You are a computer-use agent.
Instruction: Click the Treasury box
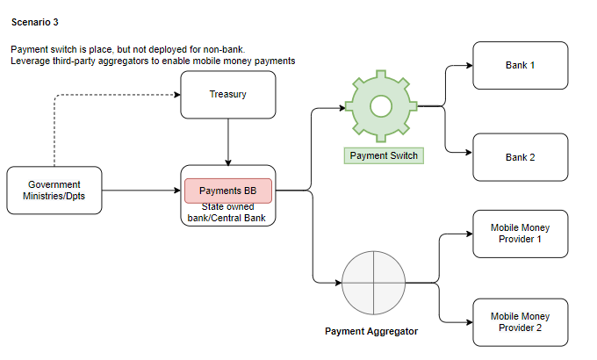(228, 94)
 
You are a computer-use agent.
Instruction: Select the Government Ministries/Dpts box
(54, 190)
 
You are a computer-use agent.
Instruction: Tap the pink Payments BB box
(227, 191)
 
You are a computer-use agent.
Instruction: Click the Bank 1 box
(520, 66)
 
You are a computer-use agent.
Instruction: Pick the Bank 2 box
(520, 157)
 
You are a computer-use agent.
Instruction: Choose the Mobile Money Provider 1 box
(520, 234)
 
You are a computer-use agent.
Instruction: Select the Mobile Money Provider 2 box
(520, 321)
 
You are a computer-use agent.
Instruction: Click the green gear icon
(380, 106)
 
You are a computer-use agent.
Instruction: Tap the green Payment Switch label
(384, 155)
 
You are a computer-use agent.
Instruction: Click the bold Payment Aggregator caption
(371, 331)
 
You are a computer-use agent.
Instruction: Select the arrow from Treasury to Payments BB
(228, 140)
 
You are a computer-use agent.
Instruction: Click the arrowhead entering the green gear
(342, 108)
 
